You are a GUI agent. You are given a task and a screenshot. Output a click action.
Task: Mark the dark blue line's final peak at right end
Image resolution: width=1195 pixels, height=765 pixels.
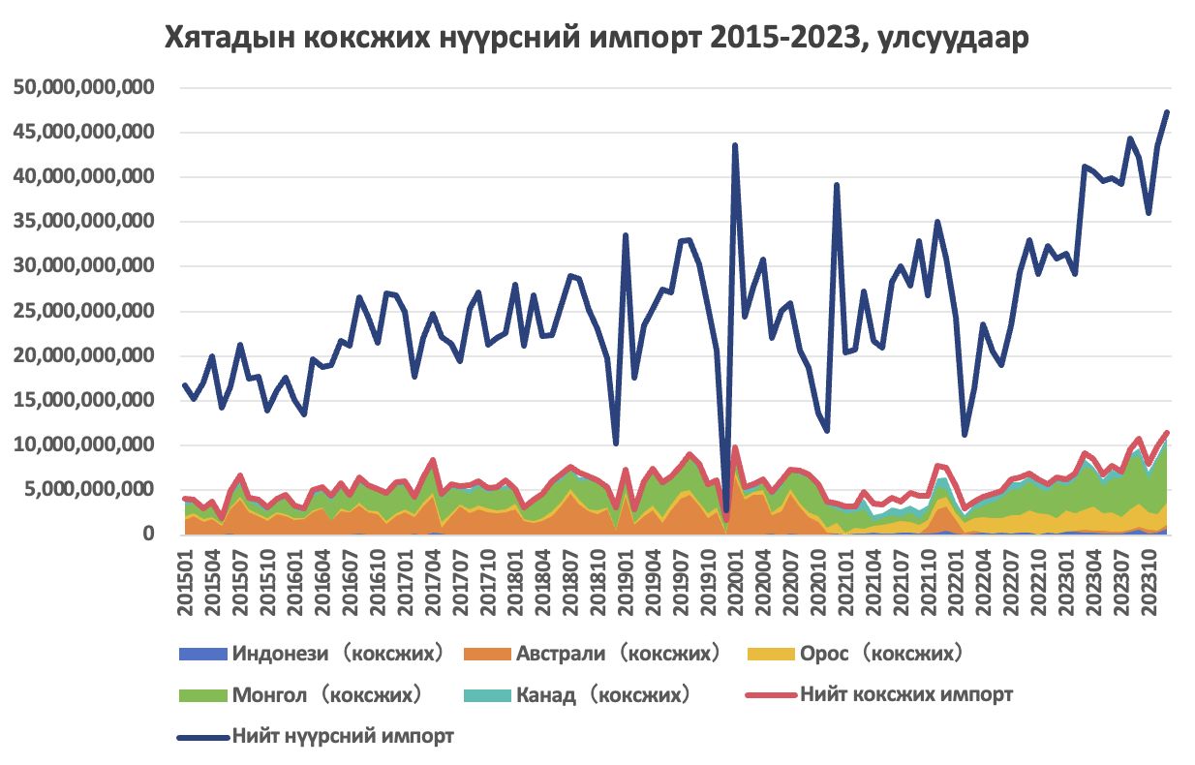point(1167,112)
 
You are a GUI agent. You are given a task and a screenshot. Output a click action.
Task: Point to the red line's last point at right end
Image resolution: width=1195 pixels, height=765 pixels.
point(1167,432)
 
